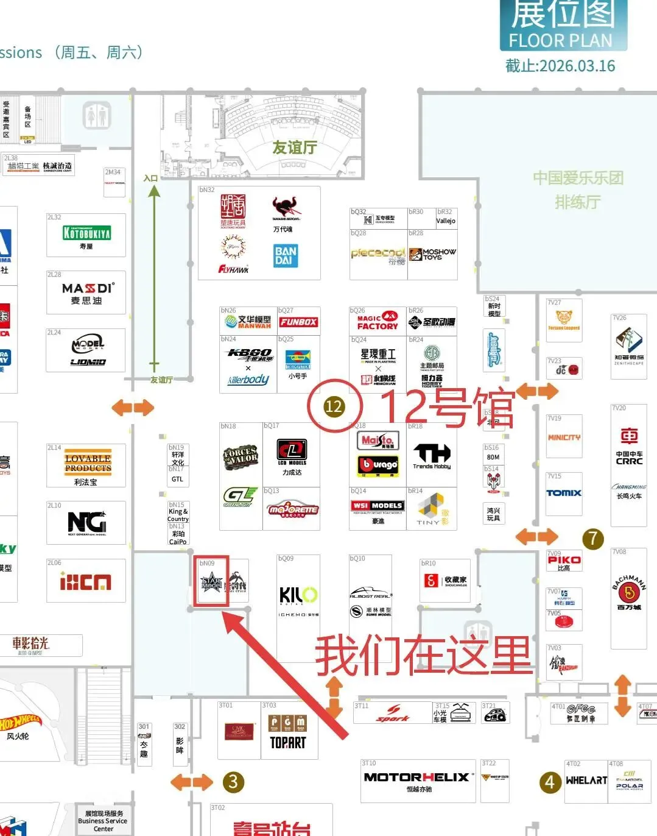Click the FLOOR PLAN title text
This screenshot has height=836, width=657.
pos(560,41)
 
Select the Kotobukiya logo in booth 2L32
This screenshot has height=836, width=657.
pos(86,233)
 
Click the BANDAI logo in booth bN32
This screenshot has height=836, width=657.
pos(285,256)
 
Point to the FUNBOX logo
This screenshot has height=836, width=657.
pos(298,322)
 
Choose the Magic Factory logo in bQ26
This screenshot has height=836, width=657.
pos(377,322)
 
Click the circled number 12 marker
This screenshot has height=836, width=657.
pos(334,406)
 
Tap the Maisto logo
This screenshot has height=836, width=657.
pos(378,441)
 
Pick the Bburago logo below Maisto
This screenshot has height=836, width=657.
pos(378,465)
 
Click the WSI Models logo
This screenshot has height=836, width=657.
pos(378,505)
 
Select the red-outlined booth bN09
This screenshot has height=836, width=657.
pos(211,581)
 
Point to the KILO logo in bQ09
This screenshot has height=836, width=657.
pos(298,595)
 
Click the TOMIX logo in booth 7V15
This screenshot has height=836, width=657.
pos(564,493)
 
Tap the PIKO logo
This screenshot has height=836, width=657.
pos(564,560)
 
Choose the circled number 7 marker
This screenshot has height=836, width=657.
pos(592,538)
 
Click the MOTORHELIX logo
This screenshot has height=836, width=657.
pos(416,778)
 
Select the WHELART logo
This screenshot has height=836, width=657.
pos(586,781)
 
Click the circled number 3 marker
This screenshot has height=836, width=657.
pos(233,782)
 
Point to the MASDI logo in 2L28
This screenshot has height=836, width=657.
pos(87,288)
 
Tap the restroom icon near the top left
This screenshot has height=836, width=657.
pos(97,115)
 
